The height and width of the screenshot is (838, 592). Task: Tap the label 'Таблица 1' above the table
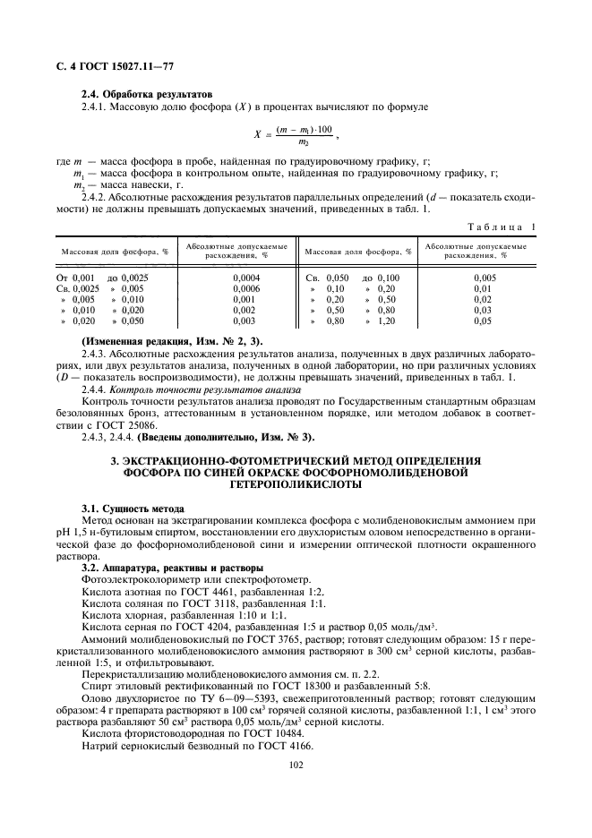(x=507, y=227)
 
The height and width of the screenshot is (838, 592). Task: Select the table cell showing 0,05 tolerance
(x=483, y=321)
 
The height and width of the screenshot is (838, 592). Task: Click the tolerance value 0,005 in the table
(x=483, y=278)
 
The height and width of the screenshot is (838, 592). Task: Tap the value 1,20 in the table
(x=386, y=321)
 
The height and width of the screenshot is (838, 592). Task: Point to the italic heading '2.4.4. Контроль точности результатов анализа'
(x=179, y=390)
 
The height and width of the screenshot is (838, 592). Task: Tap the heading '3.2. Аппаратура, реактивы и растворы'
(x=171, y=567)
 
